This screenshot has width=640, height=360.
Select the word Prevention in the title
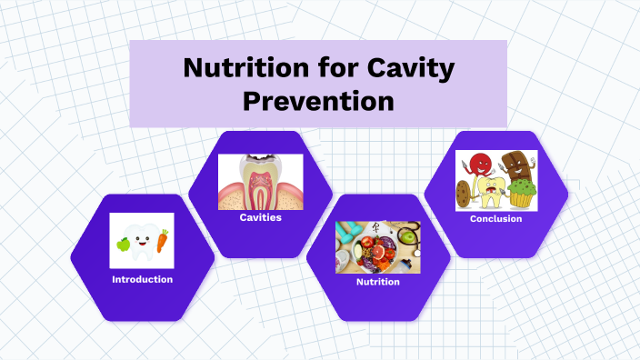(318, 101)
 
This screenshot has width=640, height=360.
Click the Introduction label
(142, 279)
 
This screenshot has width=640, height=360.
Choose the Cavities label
(260, 218)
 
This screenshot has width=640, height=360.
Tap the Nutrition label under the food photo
(377, 282)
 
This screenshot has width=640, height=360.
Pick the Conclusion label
(495, 219)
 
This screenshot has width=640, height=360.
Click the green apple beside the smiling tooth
(123, 244)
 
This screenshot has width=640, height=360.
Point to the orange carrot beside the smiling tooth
(162, 242)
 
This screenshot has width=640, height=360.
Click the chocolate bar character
(516, 166)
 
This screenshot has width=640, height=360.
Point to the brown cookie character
(465, 194)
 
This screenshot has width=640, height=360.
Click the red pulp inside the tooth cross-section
(261, 191)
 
